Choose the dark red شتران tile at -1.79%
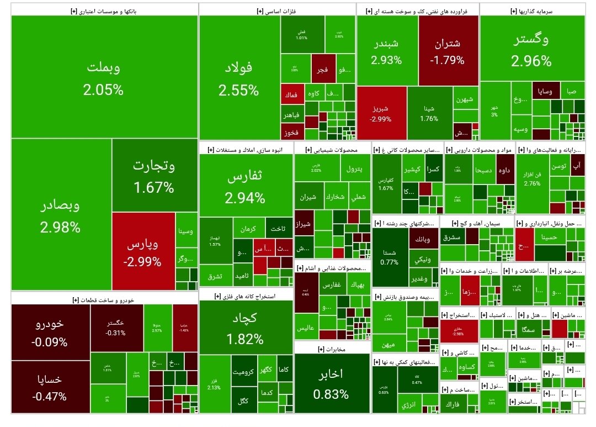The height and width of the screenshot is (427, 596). pos(448,51)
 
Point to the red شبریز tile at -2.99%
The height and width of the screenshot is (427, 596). pos(381,113)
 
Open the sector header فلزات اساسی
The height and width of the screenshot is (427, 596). pos(277,10)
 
